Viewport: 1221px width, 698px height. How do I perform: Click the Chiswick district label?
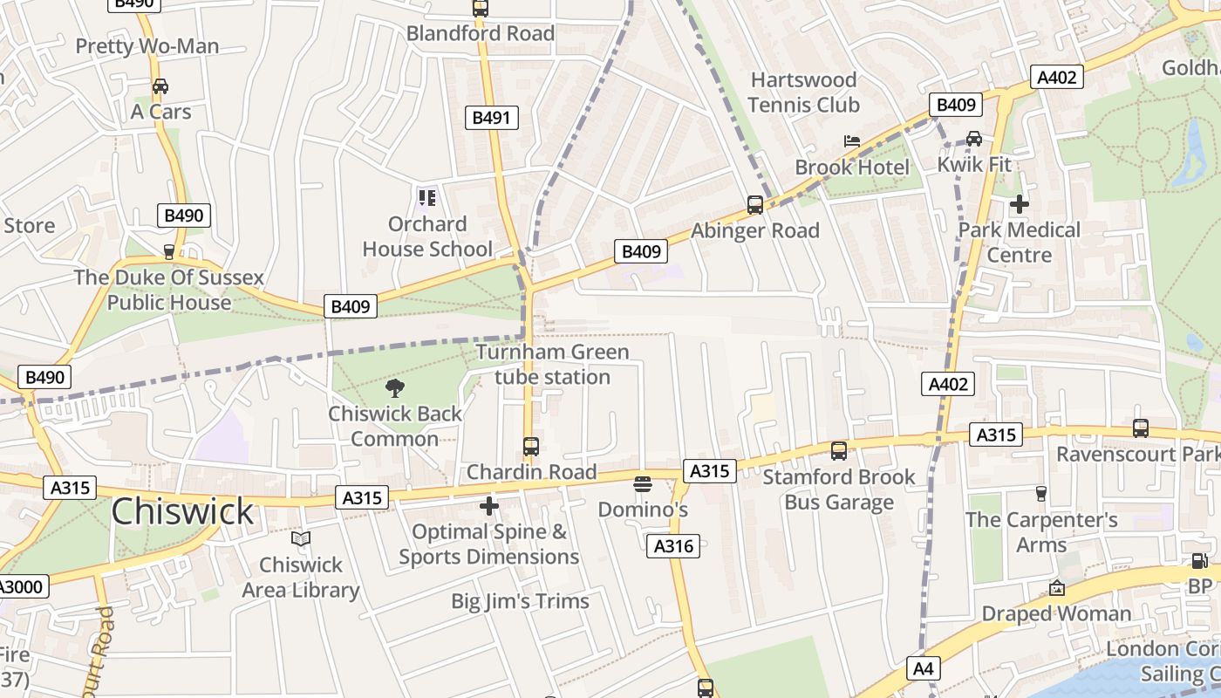(x=183, y=511)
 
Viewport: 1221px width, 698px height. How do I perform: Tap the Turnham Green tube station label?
(x=552, y=365)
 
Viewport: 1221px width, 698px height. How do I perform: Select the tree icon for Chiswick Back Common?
(x=394, y=388)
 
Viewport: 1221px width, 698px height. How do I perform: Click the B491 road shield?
(x=493, y=118)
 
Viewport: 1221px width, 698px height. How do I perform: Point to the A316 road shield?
(x=673, y=546)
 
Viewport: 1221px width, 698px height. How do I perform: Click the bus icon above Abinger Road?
(x=755, y=205)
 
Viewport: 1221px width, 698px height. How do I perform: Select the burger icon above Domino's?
(x=643, y=483)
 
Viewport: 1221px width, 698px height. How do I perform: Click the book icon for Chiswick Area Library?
(x=301, y=539)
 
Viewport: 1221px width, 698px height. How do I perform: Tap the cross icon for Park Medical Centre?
(x=1019, y=204)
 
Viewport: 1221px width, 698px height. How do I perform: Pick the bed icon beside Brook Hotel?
(x=852, y=141)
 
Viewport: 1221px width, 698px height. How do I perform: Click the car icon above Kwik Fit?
(x=973, y=139)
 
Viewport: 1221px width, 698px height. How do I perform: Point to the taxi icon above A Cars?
(x=160, y=86)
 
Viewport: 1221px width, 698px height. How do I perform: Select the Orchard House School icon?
(x=426, y=198)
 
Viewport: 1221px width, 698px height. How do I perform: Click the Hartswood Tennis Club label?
(x=803, y=92)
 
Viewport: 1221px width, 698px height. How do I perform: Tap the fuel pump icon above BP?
(x=1199, y=561)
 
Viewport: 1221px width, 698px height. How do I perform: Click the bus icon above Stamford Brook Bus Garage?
(x=838, y=451)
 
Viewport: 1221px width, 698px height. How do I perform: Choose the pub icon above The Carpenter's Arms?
(x=1040, y=494)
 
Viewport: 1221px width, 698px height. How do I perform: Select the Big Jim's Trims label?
(x=520, y=601)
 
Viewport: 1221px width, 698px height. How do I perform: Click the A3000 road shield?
(x=21, y=586)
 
